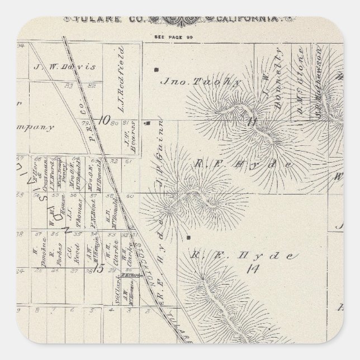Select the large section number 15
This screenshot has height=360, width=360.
click(99, 268)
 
